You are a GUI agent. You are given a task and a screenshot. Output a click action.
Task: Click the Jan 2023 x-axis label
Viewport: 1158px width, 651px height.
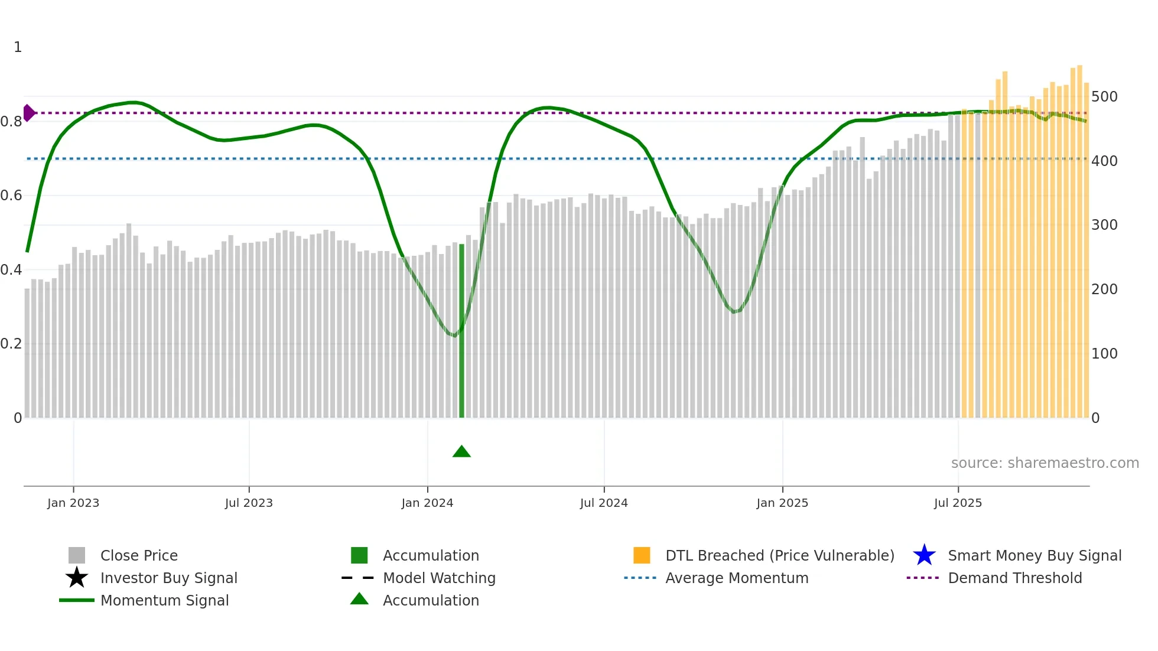point(73,503)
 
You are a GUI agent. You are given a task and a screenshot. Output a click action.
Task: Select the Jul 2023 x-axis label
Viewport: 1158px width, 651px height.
point(249,503)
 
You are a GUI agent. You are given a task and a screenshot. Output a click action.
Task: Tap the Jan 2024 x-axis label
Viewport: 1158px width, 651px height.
point(427,503)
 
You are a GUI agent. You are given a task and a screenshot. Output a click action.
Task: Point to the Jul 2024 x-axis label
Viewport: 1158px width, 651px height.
point(604,503)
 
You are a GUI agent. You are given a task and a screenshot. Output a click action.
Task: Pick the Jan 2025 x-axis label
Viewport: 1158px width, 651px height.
point(782,503)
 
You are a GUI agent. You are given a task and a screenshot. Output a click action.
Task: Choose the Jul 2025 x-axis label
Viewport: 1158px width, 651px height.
point(958,503)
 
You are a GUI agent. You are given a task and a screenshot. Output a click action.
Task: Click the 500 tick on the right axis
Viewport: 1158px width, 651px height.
point(1104,96)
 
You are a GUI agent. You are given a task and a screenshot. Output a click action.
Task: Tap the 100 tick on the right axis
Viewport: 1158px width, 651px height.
point(1104,353)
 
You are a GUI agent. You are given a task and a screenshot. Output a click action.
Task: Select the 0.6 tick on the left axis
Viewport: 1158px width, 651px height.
point(11,196)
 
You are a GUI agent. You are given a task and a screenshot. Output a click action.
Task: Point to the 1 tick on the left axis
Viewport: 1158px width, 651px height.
point(18,47)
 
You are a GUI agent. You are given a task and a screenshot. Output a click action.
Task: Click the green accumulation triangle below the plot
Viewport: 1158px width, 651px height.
point(461,452)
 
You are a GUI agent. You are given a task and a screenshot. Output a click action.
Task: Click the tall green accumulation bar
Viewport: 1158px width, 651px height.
point(461,331)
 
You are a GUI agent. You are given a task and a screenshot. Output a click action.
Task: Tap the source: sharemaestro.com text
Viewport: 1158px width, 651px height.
point(1045,463)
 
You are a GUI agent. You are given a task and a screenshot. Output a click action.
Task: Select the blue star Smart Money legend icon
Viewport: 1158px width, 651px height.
point(924,555)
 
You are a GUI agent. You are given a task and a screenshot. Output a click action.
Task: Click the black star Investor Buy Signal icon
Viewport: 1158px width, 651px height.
point(77,578)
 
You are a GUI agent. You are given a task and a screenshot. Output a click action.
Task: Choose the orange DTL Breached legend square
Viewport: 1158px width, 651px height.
point(642,555)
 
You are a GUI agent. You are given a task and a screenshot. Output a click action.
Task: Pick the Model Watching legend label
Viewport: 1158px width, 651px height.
point(439,578)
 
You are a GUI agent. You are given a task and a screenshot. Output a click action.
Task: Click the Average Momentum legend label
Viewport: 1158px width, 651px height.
point(737,578)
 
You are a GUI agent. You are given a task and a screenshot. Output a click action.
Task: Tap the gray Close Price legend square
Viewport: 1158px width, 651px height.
point(77,555)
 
